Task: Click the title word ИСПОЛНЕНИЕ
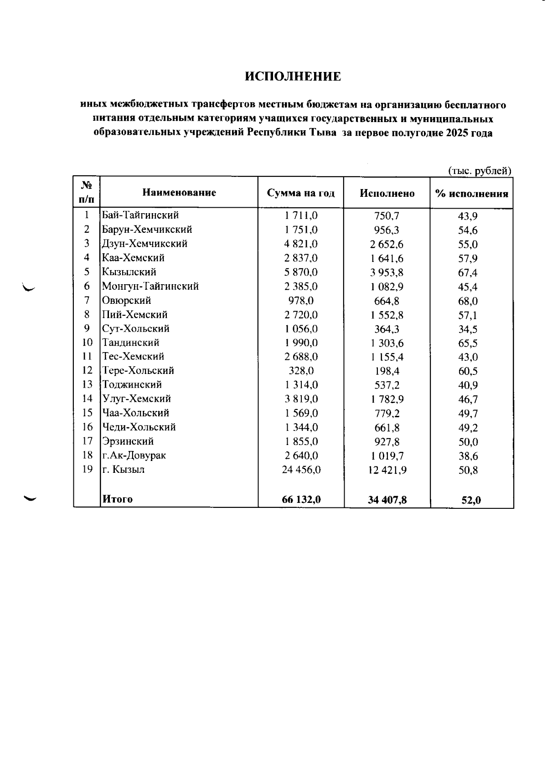coord(293,77)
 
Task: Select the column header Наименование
coord(179,193)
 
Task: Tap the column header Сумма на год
coord(301,193)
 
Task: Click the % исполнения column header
coord(471,194)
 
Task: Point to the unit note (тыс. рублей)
coord(480,171)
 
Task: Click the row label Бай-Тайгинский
coord(140,215)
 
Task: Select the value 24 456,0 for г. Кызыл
coord(301,470)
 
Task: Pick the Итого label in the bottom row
coord(118,499)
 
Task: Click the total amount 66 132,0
coord(301,500)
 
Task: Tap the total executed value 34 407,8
coord(387,500)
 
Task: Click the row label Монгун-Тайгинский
coord(150,287)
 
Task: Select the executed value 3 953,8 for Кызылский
coord(387,273)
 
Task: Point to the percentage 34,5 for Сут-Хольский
coord(468,329)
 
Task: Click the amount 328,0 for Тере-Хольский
coord(301,371)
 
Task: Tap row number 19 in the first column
coord(87,469)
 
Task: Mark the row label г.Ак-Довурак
coord(134,456)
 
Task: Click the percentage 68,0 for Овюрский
coord(468,301)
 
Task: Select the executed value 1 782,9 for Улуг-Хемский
coord(387,399)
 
